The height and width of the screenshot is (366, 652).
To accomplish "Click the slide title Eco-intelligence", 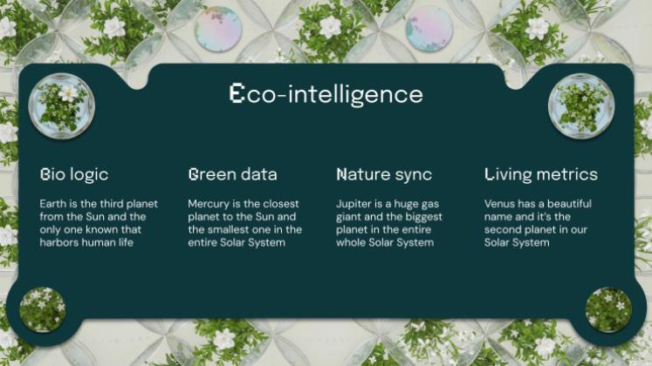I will pos(326,94).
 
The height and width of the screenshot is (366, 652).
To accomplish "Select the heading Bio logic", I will pos(74,174).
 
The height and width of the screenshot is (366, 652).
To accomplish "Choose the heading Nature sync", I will pos(384,174).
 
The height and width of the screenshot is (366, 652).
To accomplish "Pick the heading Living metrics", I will pos(541,174).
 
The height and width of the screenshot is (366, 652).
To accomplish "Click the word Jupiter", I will pos(353,204).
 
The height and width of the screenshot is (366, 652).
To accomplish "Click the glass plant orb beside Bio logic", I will pos(61,105).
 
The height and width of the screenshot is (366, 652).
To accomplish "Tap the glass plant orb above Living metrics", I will pos(581,105).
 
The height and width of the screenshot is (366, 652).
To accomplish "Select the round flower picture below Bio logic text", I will pos(43,308).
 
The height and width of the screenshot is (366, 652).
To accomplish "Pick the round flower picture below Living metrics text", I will pos(608,309).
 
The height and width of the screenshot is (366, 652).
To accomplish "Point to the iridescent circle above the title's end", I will pos(429,27).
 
